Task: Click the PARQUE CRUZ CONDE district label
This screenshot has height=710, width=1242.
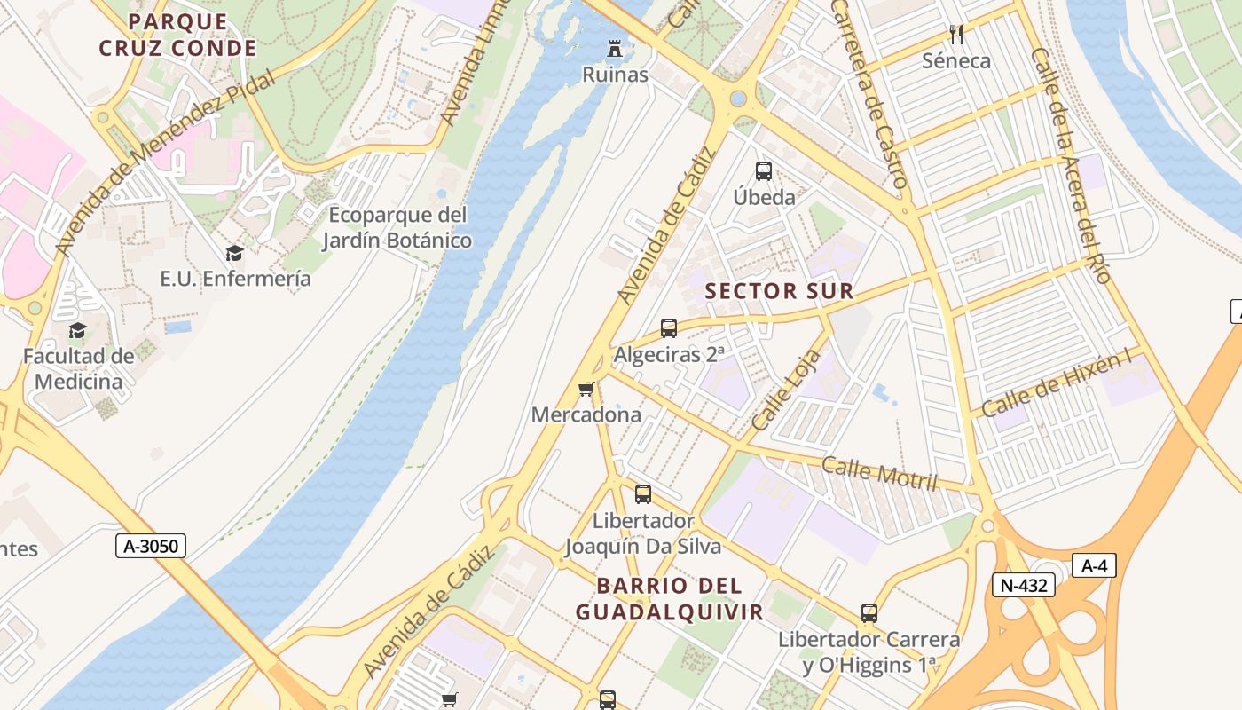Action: [177, 35]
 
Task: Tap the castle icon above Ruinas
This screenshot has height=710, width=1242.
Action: [615, 47]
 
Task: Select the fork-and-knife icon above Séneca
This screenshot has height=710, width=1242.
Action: [955, 35]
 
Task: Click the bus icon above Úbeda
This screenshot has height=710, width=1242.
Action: [763, 171]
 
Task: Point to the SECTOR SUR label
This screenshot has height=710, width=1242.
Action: [779, 291]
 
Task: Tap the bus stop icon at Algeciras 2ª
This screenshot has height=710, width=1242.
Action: [669, 328]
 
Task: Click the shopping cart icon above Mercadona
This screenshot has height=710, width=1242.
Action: [586, 389]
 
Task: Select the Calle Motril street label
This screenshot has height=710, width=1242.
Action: [878, 473]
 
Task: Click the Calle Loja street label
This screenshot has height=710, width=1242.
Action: [774, 390]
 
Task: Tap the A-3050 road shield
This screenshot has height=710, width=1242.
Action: [151, 546]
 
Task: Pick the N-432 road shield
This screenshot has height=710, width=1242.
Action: [1023, 585]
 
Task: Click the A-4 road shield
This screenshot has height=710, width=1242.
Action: [1094, 565]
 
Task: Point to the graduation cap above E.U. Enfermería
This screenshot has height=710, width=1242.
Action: [234, 254]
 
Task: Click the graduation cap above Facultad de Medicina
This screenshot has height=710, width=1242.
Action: [78, 331]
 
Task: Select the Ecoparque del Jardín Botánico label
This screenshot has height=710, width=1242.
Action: [397, 227]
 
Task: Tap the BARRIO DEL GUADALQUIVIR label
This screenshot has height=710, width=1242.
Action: [669, 599]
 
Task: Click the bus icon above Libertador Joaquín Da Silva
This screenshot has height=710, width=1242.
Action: [642, 494]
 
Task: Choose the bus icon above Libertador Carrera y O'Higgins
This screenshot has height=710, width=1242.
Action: [869, 613]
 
